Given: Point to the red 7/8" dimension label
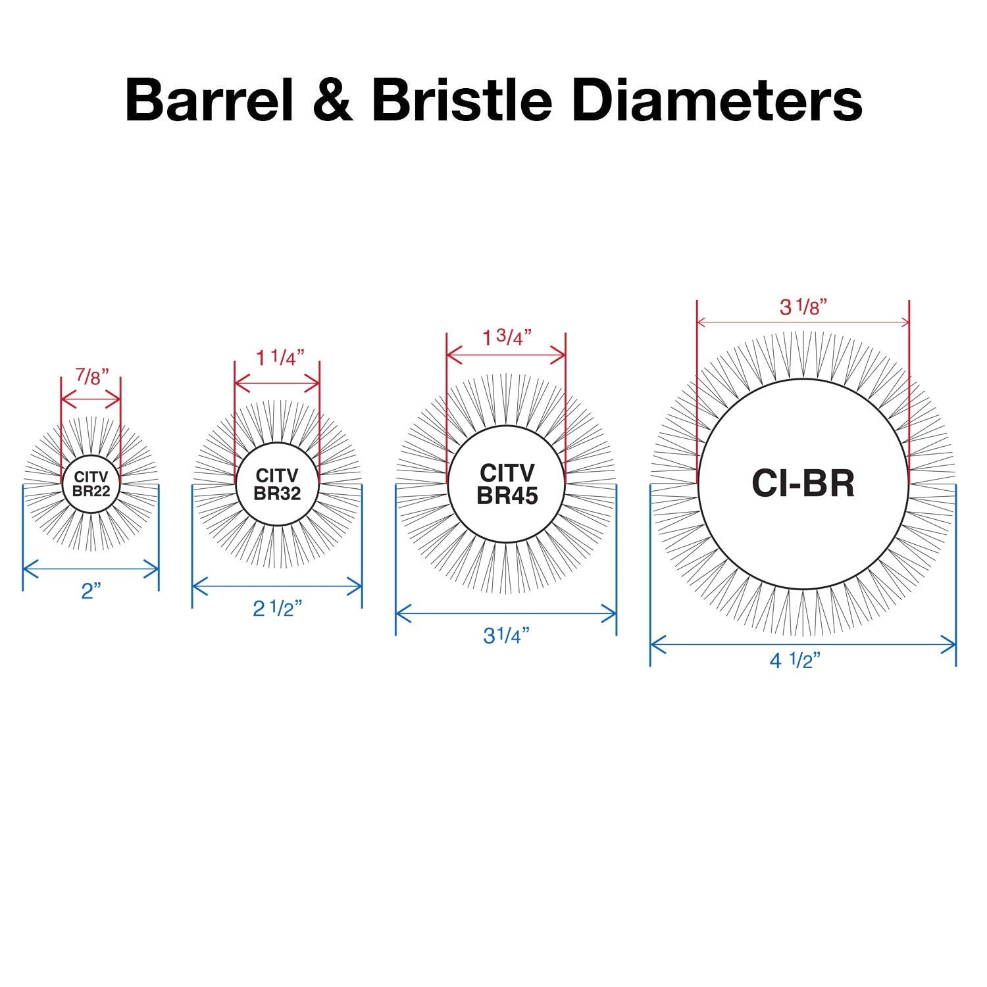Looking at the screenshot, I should (x=91, y=376).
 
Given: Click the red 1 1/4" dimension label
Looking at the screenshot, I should (x=280, y=358).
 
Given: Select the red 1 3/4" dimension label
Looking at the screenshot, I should (x=507, y=337).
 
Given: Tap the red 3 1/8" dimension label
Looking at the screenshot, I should (x=803, y=307).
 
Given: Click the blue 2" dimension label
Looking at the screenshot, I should (x=90, y=591).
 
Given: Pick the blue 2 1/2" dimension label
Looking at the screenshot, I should (x=277, y=609).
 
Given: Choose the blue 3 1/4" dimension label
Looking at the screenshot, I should (x=506, y=636).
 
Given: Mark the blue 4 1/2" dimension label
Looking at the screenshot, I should (x=796, y=661).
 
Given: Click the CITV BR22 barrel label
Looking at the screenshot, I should (x=91, y=484).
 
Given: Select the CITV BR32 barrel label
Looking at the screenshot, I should (x=277, y=484).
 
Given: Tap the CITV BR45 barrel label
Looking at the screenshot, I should (x=507, y=484).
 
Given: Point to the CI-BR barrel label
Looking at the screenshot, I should (x=803, y=484).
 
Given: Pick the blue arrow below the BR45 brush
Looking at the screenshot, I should (x=506, y=614).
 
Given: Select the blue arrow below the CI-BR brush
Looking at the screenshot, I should (x=803, y=645).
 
